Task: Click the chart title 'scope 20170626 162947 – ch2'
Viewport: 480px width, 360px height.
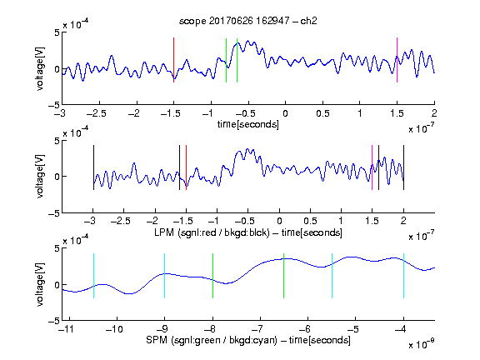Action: pos(248,21)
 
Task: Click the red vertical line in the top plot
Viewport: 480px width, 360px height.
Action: pos(173,60)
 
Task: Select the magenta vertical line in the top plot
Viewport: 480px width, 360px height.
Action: pos(397,60)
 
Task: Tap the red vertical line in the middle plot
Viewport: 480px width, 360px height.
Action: pos(186,167)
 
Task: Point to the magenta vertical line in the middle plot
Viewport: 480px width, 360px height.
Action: pos(372,167)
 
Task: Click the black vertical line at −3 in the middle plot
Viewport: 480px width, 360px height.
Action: pos(93,167)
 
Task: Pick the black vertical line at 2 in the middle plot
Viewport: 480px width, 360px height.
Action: pos(403,167)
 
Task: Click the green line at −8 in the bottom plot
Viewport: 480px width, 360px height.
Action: pos(212,276)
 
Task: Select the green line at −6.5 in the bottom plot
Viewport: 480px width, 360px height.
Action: pos(284,276)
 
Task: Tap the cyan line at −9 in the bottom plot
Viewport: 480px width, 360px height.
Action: pos(164,276)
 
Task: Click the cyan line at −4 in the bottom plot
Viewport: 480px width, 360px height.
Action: pos(403,276)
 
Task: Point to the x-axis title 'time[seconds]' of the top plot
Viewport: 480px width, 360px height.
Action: pos(248,124)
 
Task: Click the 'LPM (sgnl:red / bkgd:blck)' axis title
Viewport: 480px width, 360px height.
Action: pos(212,232)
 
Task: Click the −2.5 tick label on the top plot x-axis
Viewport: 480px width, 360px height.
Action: pos(97,113)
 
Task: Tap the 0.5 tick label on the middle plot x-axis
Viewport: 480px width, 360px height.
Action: pos(310,221)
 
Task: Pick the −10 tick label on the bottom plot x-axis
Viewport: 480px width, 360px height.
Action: pos(114,329)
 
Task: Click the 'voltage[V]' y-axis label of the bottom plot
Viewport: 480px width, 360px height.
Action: pos(40,284)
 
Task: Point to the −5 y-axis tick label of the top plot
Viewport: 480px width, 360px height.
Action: pos(54,105)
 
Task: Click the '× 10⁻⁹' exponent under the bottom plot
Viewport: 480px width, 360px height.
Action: pos(421,344)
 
